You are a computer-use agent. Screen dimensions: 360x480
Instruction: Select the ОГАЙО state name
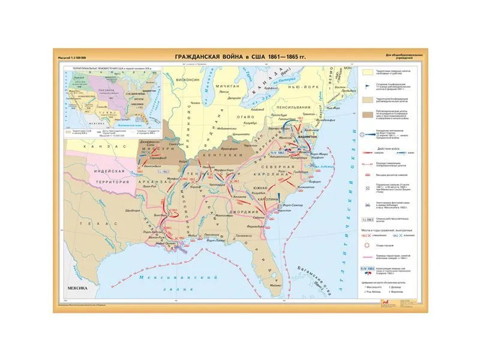(x=248, y=115)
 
